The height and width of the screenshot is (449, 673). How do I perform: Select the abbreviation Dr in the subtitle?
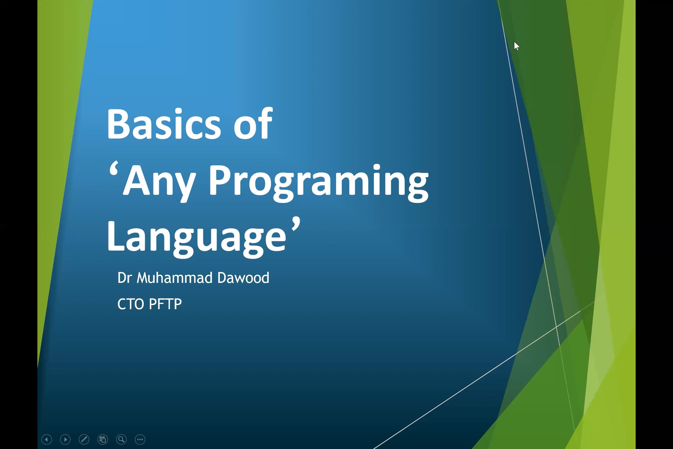[125, 278]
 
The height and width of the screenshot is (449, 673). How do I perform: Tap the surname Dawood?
[243, 278]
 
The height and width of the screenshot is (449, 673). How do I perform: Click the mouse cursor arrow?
[516, 46]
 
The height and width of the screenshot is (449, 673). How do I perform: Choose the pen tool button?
[84, 439]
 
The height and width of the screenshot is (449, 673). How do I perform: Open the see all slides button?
[103, 439]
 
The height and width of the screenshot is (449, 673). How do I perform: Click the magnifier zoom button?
[121, 439]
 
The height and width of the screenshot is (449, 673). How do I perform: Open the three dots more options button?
[140, 439]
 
